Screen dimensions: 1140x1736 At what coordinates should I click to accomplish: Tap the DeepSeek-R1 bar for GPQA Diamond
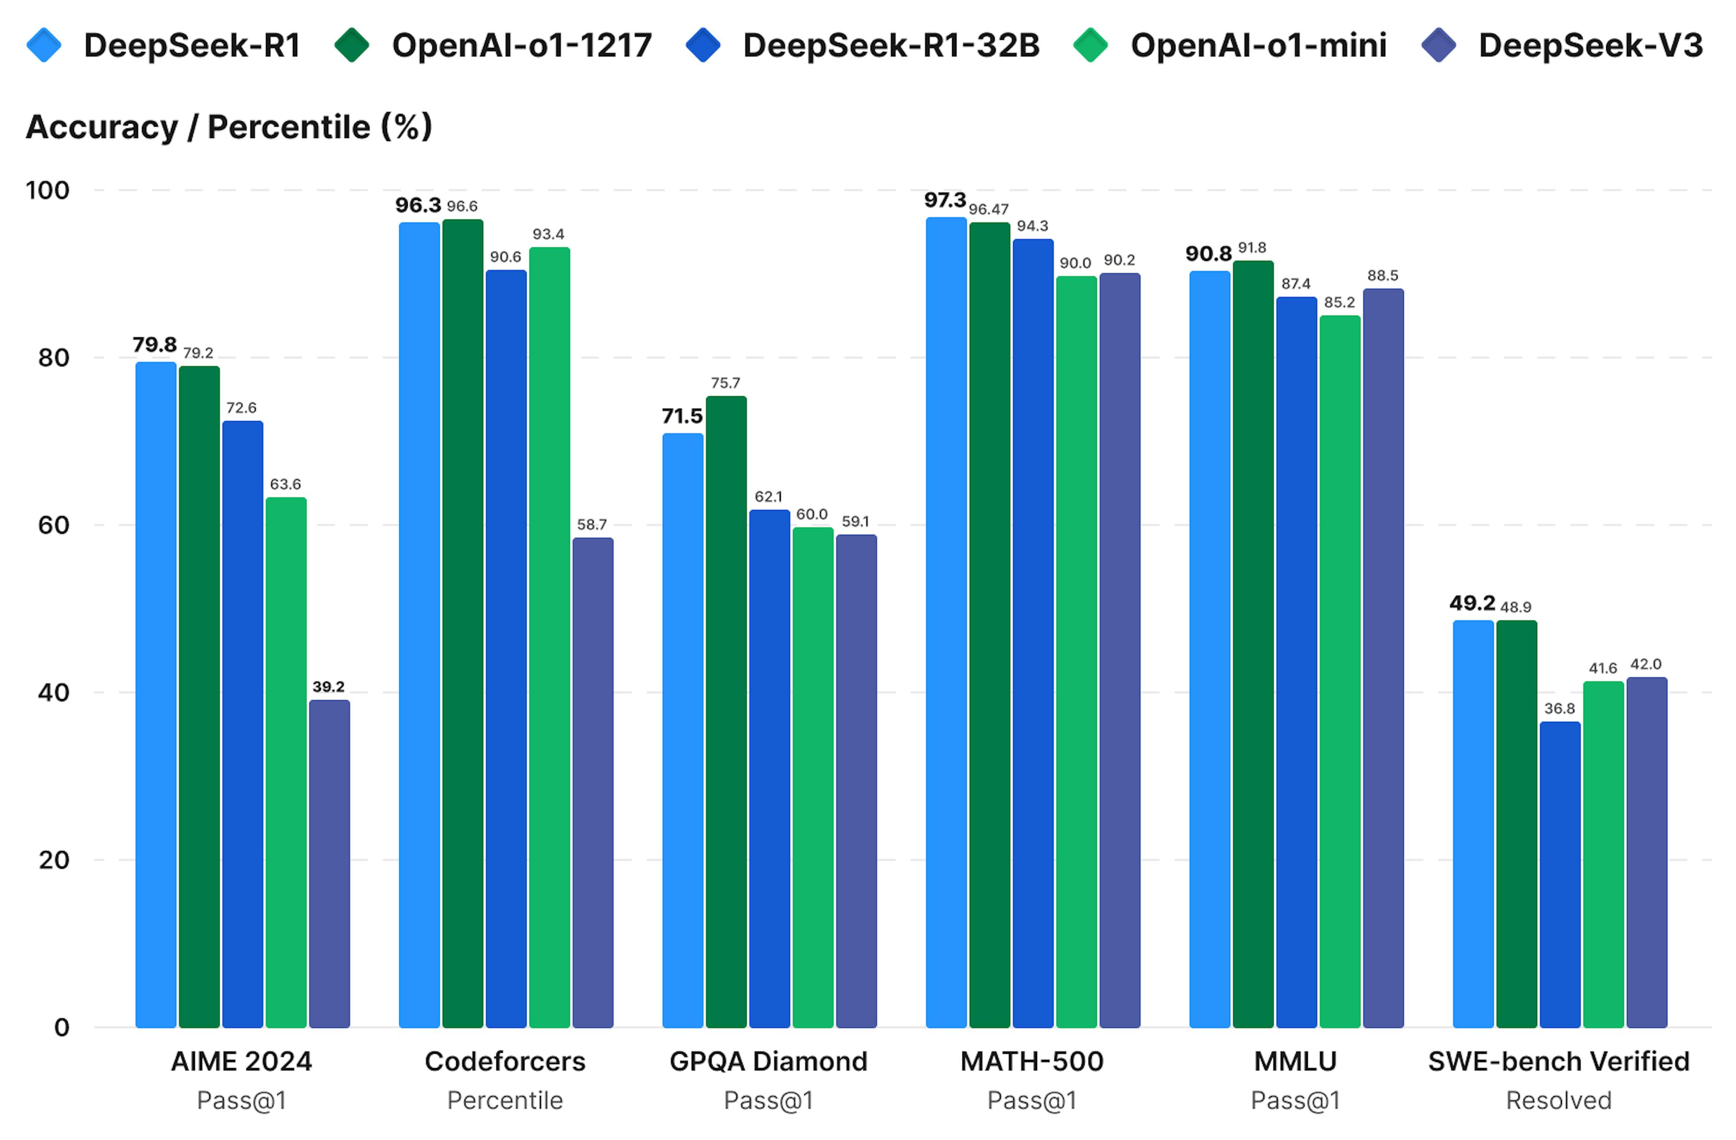pyautogui.click(x=683, y=730)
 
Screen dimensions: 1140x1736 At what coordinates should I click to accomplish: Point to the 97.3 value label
pyautogui.click(x=944, y=200)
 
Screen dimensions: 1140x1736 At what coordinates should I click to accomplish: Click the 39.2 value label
pyautogui.click(x=328, y=687)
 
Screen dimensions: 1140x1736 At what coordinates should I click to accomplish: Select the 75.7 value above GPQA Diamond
pyautogui.click(x=725, y=383)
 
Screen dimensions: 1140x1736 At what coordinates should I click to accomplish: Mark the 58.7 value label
pyautogui.click(x=592, y=525)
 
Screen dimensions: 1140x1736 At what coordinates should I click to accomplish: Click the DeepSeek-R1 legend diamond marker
pyautogui.click(x=44, y=45)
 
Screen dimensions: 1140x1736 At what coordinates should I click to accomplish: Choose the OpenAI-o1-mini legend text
pyautogui.click(x=1258, y=45)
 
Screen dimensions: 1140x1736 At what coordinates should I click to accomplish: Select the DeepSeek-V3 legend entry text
pyautogui.click(x=1590, y=45)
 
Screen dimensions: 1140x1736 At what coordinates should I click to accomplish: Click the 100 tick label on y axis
pyautogui.click(x=47, y=190)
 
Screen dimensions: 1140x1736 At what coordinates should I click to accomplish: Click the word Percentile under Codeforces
pyautogui.click(x=505, y=1100)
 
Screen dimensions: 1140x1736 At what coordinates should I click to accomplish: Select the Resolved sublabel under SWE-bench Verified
pyautogui.click(x=1559, y=1100)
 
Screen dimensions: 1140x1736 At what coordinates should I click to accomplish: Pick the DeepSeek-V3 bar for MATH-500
pyautogui.click(x=1120, y=649)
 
